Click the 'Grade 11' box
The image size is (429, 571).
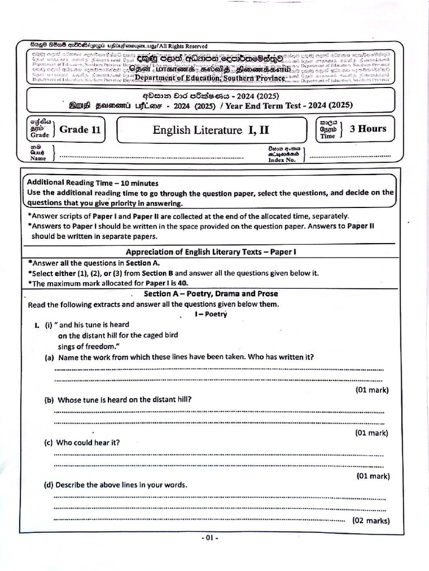[80, 130]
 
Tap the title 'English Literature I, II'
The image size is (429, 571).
[211, 130]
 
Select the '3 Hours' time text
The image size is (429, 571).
[368, 129]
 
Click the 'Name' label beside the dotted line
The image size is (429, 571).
[38, 158]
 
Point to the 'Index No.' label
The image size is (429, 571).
[281, 160]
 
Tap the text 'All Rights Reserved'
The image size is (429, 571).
[182, 46]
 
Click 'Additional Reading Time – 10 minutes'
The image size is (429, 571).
[93, 183]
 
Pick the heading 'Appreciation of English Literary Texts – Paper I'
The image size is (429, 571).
[211, 252]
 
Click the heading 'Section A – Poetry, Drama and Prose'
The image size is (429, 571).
[211, 293]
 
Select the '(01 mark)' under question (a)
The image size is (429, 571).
[371, 390]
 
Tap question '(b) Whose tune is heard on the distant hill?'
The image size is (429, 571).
[118, 400]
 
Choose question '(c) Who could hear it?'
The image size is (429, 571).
[82, 443]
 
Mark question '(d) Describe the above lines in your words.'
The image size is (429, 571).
[116, 485]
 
